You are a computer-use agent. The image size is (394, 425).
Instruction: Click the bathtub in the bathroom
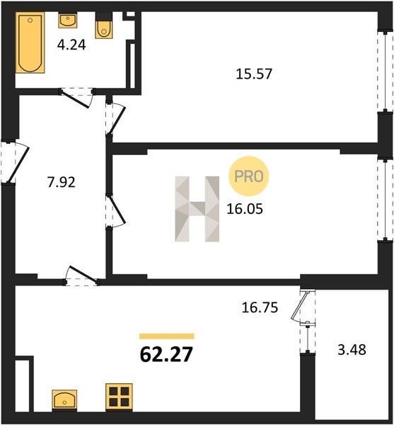[30, 42]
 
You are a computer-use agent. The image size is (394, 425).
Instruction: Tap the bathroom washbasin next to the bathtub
[68, 21]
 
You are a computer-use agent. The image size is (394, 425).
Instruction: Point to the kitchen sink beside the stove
[64, 399]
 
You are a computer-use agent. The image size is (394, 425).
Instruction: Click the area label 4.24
[71, 45]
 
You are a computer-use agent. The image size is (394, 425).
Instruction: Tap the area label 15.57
[254, 74]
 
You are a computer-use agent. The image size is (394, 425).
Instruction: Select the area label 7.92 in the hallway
[61, 182]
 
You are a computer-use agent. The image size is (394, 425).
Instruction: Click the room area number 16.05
[245, 209]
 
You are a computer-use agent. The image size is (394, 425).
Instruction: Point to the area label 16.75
[260, 307]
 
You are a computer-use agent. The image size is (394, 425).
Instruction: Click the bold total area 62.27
[166, 355]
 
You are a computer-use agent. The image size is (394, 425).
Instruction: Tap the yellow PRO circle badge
[249, 176]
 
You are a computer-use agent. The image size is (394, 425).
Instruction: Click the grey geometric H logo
[197, 209]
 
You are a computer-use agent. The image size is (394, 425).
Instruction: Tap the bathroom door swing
[78, 98]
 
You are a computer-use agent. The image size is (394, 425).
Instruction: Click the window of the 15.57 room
[386, 71]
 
